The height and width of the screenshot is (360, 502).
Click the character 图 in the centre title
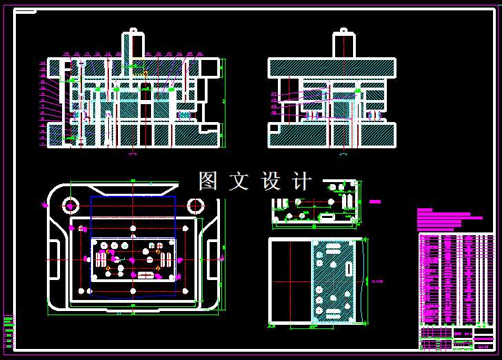pyautogui.click(x=208, y=181)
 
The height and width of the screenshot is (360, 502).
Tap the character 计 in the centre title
pyautogui.click(x=302, y=181)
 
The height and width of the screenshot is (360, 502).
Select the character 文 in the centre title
pyautogui.click(x=239, y=181)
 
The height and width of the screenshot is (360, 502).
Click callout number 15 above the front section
pyautogui.click(x=67, y=54)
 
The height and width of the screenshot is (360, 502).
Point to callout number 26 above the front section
pyautogui.click(x=200, y=54)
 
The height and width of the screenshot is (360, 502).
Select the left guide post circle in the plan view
pyautogui.click(x=70, y=205)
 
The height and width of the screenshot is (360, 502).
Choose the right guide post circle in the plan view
pyautogui.click(x=196, y=205)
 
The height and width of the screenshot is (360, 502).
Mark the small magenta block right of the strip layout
pyautogui.click(x=374, y=202)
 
